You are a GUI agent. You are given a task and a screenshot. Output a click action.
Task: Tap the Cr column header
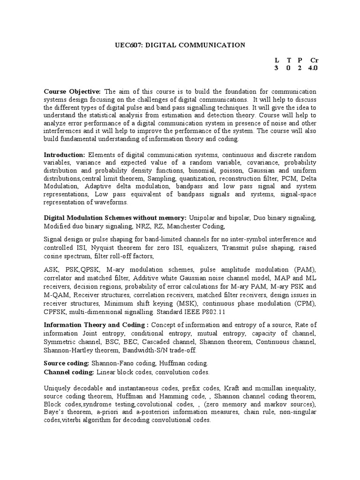point(314,60)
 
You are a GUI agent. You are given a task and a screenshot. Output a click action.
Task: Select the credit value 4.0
point(313,68)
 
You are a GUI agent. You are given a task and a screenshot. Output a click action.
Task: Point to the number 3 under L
point(276,68)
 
